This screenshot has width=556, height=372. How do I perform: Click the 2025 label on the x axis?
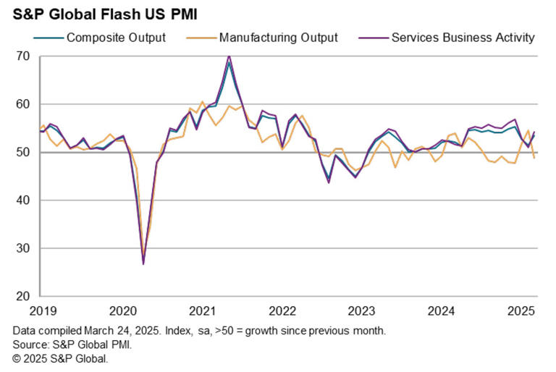click(521, 312)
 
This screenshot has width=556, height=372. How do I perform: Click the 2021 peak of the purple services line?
click(229, 56)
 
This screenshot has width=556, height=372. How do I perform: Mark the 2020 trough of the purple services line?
click(143, 264)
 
